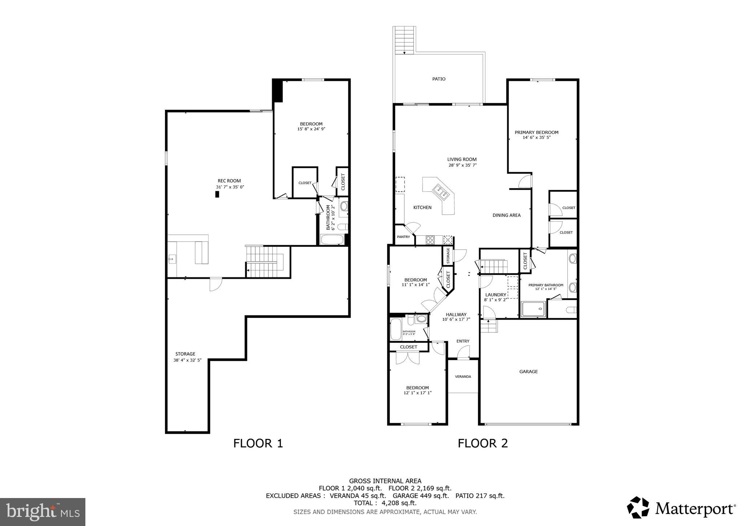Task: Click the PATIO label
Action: pos(438,79)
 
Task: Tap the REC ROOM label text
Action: pos(229,181)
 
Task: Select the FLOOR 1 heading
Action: pos(258,443)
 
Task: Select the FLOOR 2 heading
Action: pos(482,443)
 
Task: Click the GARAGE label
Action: pos(528,372)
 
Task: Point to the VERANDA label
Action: pos(463,377)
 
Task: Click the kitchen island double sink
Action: pos(440,191)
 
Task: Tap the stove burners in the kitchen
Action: pos(430,240)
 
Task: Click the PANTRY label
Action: pos(403,237)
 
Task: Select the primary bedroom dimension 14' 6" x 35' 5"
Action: pos(536,138)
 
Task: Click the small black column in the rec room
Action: pos(217,194)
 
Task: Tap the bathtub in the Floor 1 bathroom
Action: pos(332,239)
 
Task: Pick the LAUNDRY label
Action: pos(496,295)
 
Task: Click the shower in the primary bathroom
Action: pos(533,309)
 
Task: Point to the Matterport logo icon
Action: pos(638,507)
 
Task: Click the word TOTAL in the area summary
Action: pos(363,503)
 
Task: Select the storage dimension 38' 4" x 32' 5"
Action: pos(187,360)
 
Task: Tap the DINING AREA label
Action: pos(506,215)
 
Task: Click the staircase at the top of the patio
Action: pos(404,40)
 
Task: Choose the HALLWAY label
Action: pos(456,315)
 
